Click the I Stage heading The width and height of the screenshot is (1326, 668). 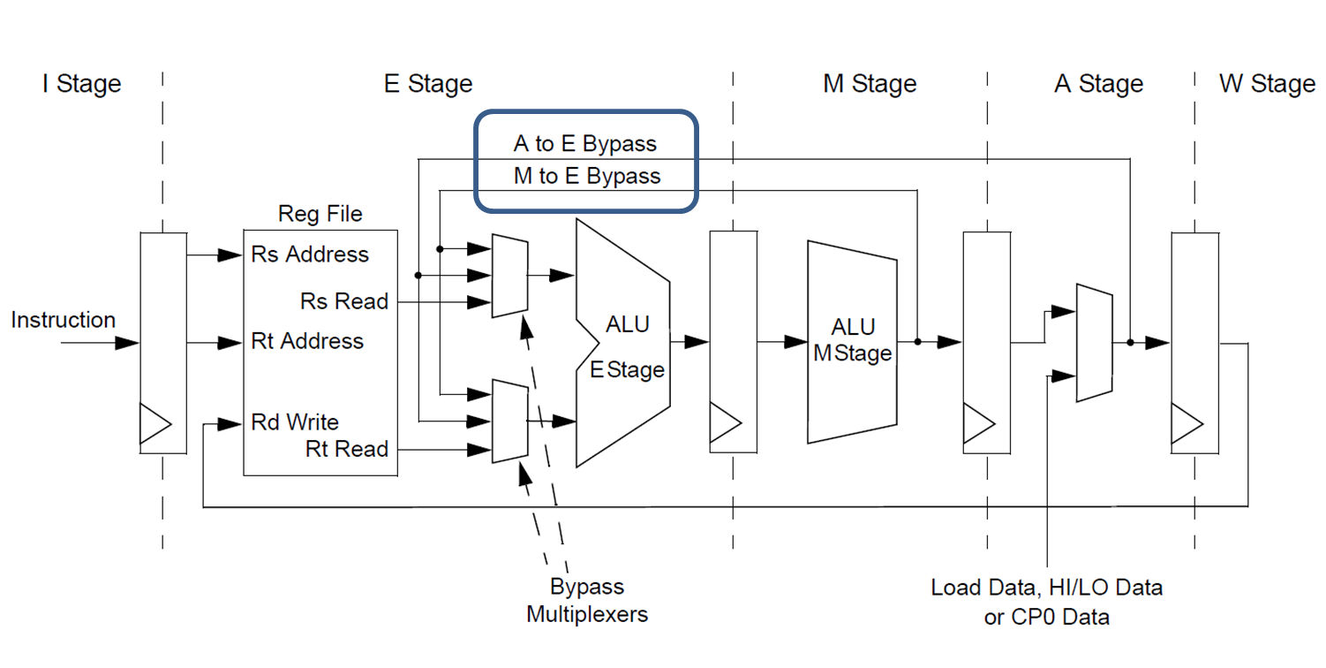tap(81, 84)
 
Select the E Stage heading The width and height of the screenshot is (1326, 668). tap(428, 84)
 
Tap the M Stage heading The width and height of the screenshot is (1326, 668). tap(870, 84)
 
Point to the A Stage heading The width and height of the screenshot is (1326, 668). tap(1098, 84)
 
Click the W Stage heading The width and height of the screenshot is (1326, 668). tap(1267, 84)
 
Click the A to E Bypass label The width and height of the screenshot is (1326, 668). tap(585, 143)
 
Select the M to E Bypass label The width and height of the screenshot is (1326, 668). tap(587, 176)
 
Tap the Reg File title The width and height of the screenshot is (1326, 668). tap(320, 214)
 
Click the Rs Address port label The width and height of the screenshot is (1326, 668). tap(310, 254)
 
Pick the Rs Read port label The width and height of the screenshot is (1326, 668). tap(344, 301)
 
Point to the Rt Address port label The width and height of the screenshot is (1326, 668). tap(307, 341)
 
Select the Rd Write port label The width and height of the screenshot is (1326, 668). tap(295, 422)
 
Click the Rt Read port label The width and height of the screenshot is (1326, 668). tap(347, 449)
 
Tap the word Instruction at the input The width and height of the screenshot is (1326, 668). tap(63, 320)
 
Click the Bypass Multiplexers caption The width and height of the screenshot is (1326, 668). tap(587, 600)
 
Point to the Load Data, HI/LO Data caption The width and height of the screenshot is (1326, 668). tap(1046, 588)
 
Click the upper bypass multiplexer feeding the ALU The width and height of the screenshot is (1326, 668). tap(509, 276)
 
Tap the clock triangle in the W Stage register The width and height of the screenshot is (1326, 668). tap(1186, 423)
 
